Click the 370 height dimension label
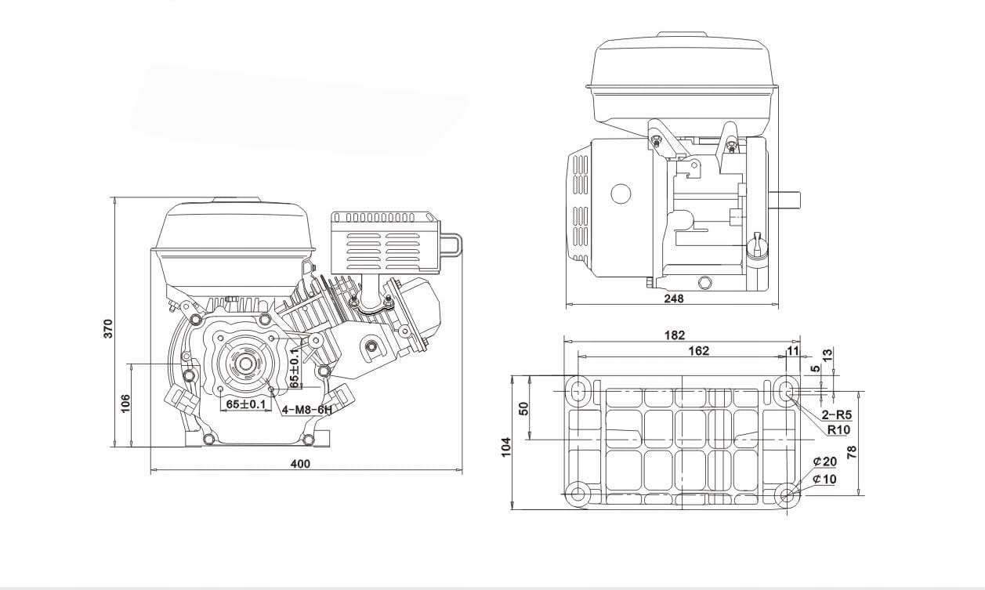109,328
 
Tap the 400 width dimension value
300,464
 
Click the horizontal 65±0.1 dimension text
245,404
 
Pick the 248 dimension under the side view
673,298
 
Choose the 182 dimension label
674,335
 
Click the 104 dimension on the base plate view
506,447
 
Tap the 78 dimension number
853,451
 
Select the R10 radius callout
838,429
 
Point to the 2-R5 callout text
836,414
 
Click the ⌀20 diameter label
824,462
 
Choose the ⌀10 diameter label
824,479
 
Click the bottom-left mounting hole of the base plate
579,494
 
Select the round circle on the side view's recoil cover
621,194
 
